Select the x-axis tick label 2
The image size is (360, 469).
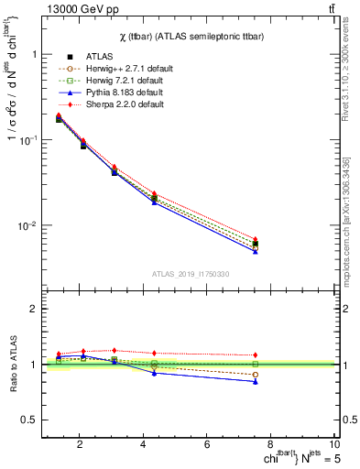pyautogui.click(x=80, y=444)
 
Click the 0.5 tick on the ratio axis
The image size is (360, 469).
pyautogui.click(x=33, y=420)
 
